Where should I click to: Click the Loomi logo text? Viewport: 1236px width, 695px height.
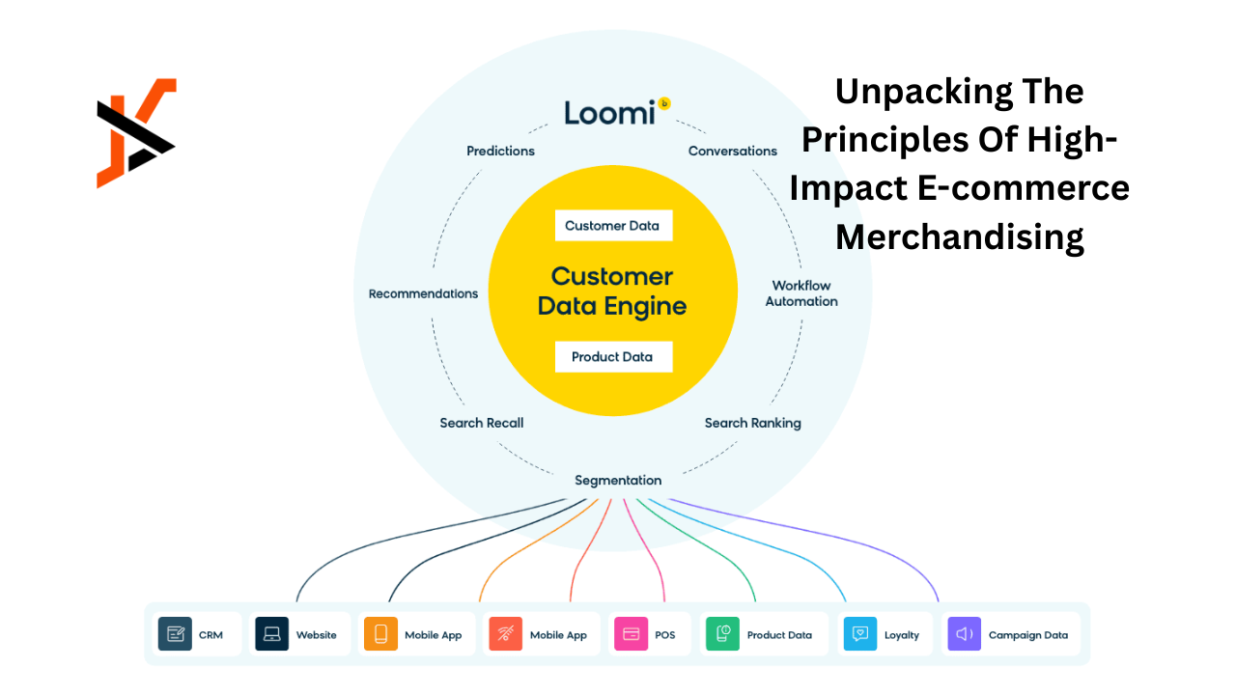(611, 113)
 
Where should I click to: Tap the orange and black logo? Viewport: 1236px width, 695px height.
(136, 133)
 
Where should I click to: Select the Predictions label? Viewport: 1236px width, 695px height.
(500, 151)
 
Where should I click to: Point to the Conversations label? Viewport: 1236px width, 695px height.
(732, 151)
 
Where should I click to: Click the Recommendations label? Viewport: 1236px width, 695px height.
(423, 293)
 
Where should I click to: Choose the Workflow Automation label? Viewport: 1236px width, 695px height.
(801, 293)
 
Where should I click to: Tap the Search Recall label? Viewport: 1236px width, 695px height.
(481, 423)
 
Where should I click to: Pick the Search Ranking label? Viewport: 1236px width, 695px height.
(752, 423)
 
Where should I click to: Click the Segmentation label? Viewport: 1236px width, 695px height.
(618, 480)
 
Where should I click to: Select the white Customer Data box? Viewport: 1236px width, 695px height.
(613, 226)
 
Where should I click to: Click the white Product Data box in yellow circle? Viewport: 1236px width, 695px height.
(613, 357)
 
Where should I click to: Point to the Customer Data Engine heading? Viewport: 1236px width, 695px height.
(612, 292)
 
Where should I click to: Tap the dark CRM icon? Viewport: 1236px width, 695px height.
(175, 634)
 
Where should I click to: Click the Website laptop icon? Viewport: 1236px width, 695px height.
(272, 634)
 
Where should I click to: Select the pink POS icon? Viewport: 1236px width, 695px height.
(631, 634)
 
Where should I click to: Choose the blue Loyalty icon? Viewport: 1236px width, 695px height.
(860, 634)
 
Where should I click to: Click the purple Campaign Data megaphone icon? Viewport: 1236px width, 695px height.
(964, 634)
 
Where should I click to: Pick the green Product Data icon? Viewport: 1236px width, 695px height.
(722, 634)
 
